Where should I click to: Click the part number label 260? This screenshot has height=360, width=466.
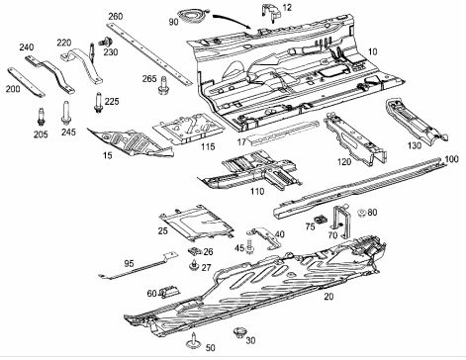pyautogui.click(x=116, y=16)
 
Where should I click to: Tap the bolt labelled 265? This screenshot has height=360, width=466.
pyautogui.click(x=162, y=85)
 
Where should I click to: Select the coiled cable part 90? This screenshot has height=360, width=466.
pyautogui.click(x=193, y=16)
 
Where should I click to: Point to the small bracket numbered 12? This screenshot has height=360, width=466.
pyautogui.click(x=271, y=13)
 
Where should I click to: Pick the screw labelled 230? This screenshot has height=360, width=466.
pyautogui.click(x=106, y=43)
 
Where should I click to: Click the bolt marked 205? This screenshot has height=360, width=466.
pyautogui.click(x=41, y=117)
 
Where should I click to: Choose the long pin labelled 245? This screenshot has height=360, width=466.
pyautogui.click(x=65, y=113)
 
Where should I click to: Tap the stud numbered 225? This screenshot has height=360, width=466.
pyautogui.click(x=98, y=103)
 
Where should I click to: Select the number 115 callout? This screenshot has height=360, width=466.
pyautogui.click(x=208, y=146)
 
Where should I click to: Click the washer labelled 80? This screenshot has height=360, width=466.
pyautogui.click(x=362, y=213)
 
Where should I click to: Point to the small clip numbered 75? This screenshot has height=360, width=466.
pyautogui.click(x=320, y=220)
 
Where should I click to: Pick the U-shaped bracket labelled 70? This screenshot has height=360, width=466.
pyautogui.click(x=338, y=221)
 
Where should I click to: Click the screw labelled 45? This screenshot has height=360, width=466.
pyautogui.click(x=249, y=246)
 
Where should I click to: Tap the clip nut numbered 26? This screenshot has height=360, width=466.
pyautogui.click(x=195, y=251)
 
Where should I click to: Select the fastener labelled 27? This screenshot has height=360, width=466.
pyautogui.click(x=195, y=265)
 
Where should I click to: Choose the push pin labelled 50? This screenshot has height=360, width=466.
pyautogui.click(x=193, y=341)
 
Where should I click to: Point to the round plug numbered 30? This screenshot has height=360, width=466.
pyautogui.click(x=239, y=332)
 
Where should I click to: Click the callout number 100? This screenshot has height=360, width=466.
pyautogui.click(x=451, y=159)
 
